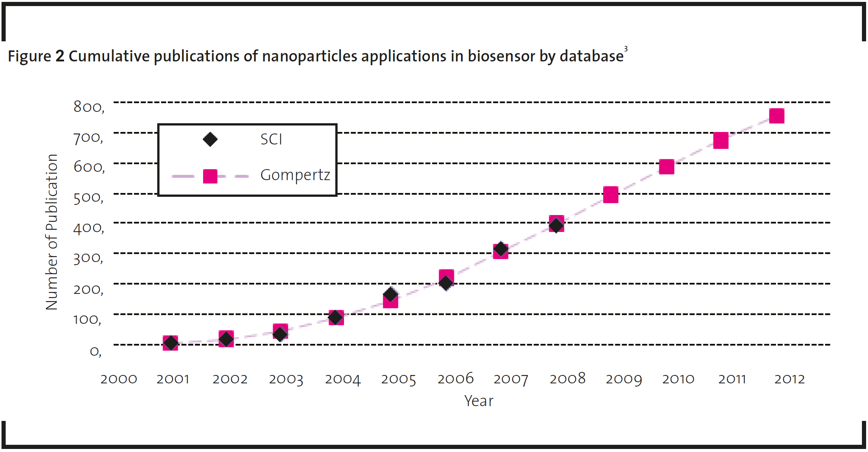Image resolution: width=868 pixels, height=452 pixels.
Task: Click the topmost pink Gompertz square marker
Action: tap(776, 116)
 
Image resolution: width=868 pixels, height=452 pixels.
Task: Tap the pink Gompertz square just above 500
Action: tap(610, 195)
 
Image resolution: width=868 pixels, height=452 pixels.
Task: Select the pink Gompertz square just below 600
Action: tap(666, 167)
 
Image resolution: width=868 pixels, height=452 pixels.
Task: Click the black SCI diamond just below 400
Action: tap(556, 226)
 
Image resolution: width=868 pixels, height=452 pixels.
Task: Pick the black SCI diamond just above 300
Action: tap(500, 249)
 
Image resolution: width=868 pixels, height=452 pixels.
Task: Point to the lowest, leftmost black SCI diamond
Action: tap(170, 343)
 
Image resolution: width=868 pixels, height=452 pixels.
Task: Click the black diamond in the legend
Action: tap(210, 140)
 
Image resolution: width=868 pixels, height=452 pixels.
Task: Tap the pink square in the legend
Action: tap(210, 176)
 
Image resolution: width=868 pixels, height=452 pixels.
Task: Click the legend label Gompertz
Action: tap(295, 175)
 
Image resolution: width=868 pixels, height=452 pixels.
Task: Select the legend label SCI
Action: tap(271, 139)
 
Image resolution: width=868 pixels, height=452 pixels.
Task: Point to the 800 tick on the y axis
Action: tap(89, 107)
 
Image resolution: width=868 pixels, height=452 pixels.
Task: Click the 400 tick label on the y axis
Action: tap(88, 228)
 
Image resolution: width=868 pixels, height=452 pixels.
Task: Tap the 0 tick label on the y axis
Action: tap(95, 351)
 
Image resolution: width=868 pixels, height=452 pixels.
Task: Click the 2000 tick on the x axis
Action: tap(119, 379)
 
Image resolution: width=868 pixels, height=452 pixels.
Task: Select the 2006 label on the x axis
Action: tap(455, 379)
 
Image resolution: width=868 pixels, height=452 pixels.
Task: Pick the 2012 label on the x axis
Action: tap(789, 379)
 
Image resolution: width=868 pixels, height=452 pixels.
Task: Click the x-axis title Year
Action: tap(479, 401)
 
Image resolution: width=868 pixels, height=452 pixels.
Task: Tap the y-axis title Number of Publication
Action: tap(52, 232)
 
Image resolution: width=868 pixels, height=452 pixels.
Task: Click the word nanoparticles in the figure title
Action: tap(310, 56)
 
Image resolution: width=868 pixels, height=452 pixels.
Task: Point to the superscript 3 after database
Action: tap(626, 49)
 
